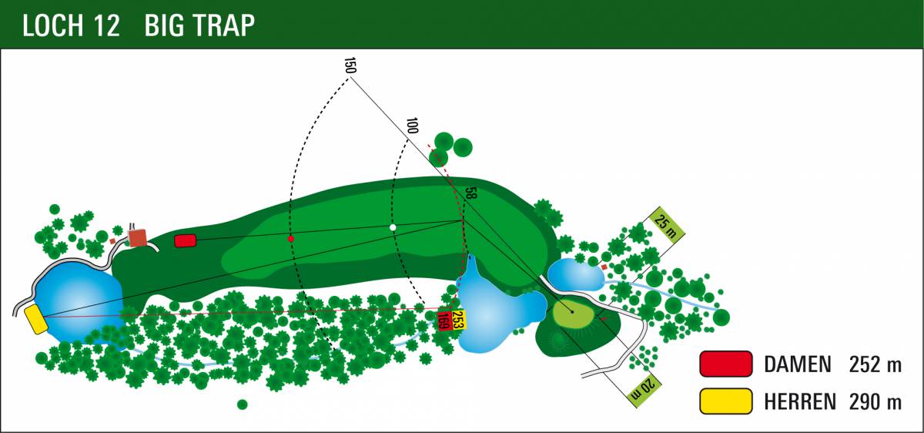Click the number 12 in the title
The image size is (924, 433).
pyautogui.click(x=106, y=25)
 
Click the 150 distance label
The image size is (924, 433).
pyautogui.click(x=350, y=65)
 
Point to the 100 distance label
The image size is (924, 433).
pyautogui.click(x=412, y=126)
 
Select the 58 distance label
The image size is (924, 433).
pyautogui.click(x=470, y=193)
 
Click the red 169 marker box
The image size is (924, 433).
pyautogui.click(x=444, y=321)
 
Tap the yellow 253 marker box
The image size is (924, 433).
pyautogui.click(x=457, y=320)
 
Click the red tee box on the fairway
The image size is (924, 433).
pyautogui.click(x=186, y=240)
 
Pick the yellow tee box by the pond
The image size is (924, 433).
pyautogui.click(x=36, y=320)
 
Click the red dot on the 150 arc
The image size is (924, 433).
pyautogui.click(x=291, y=239)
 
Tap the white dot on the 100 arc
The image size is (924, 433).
pyautogui.click(x=393, y=227)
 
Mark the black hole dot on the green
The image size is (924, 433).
pyautogui.click(x=571, y=311)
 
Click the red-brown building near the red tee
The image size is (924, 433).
pyautogui.click(x=137, y=238)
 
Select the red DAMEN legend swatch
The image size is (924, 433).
pyautogui.click(x=726, y=364)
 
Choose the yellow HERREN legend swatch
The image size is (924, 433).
pyautogui.click(x=726, y=401)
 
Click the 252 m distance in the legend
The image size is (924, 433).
pyautogui.click(x=875, y=364)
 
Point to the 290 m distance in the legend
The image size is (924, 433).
pyautogui.click(x=875, y=401)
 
